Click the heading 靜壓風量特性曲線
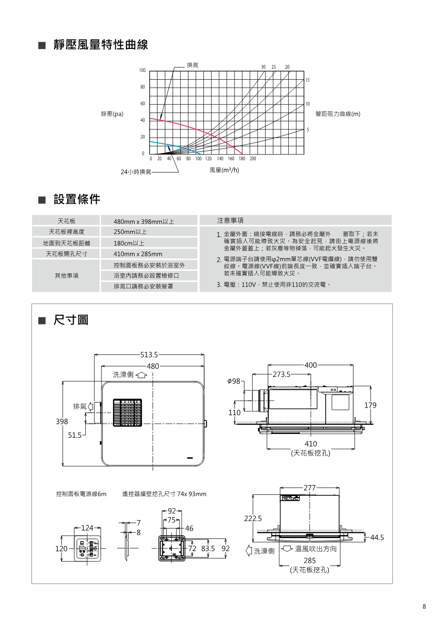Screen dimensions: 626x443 (101, 45)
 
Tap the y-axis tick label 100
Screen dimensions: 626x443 (142, 70)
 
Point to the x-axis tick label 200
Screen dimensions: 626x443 (253, 159)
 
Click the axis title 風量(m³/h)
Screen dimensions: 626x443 (224, 170)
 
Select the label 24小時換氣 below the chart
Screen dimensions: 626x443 (136, 172)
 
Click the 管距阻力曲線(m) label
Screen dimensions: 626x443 (338, 114)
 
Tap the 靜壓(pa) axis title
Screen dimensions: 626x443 (112, 114)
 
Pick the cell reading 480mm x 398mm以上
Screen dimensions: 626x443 (144, 221)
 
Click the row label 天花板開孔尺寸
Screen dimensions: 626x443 (67, 254)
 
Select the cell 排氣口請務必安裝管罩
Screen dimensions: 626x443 (143, 286)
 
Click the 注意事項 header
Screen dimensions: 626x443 (230, 220)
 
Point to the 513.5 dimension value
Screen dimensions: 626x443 (149, 354)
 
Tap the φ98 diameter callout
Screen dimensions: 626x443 (234, 381)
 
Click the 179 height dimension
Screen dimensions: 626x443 (370, 405)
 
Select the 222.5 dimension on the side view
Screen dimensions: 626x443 (253, 518)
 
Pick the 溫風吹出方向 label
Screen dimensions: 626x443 (316, 549)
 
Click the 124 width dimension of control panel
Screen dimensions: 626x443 (87, 528)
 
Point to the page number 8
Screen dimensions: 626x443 (424, 607)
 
